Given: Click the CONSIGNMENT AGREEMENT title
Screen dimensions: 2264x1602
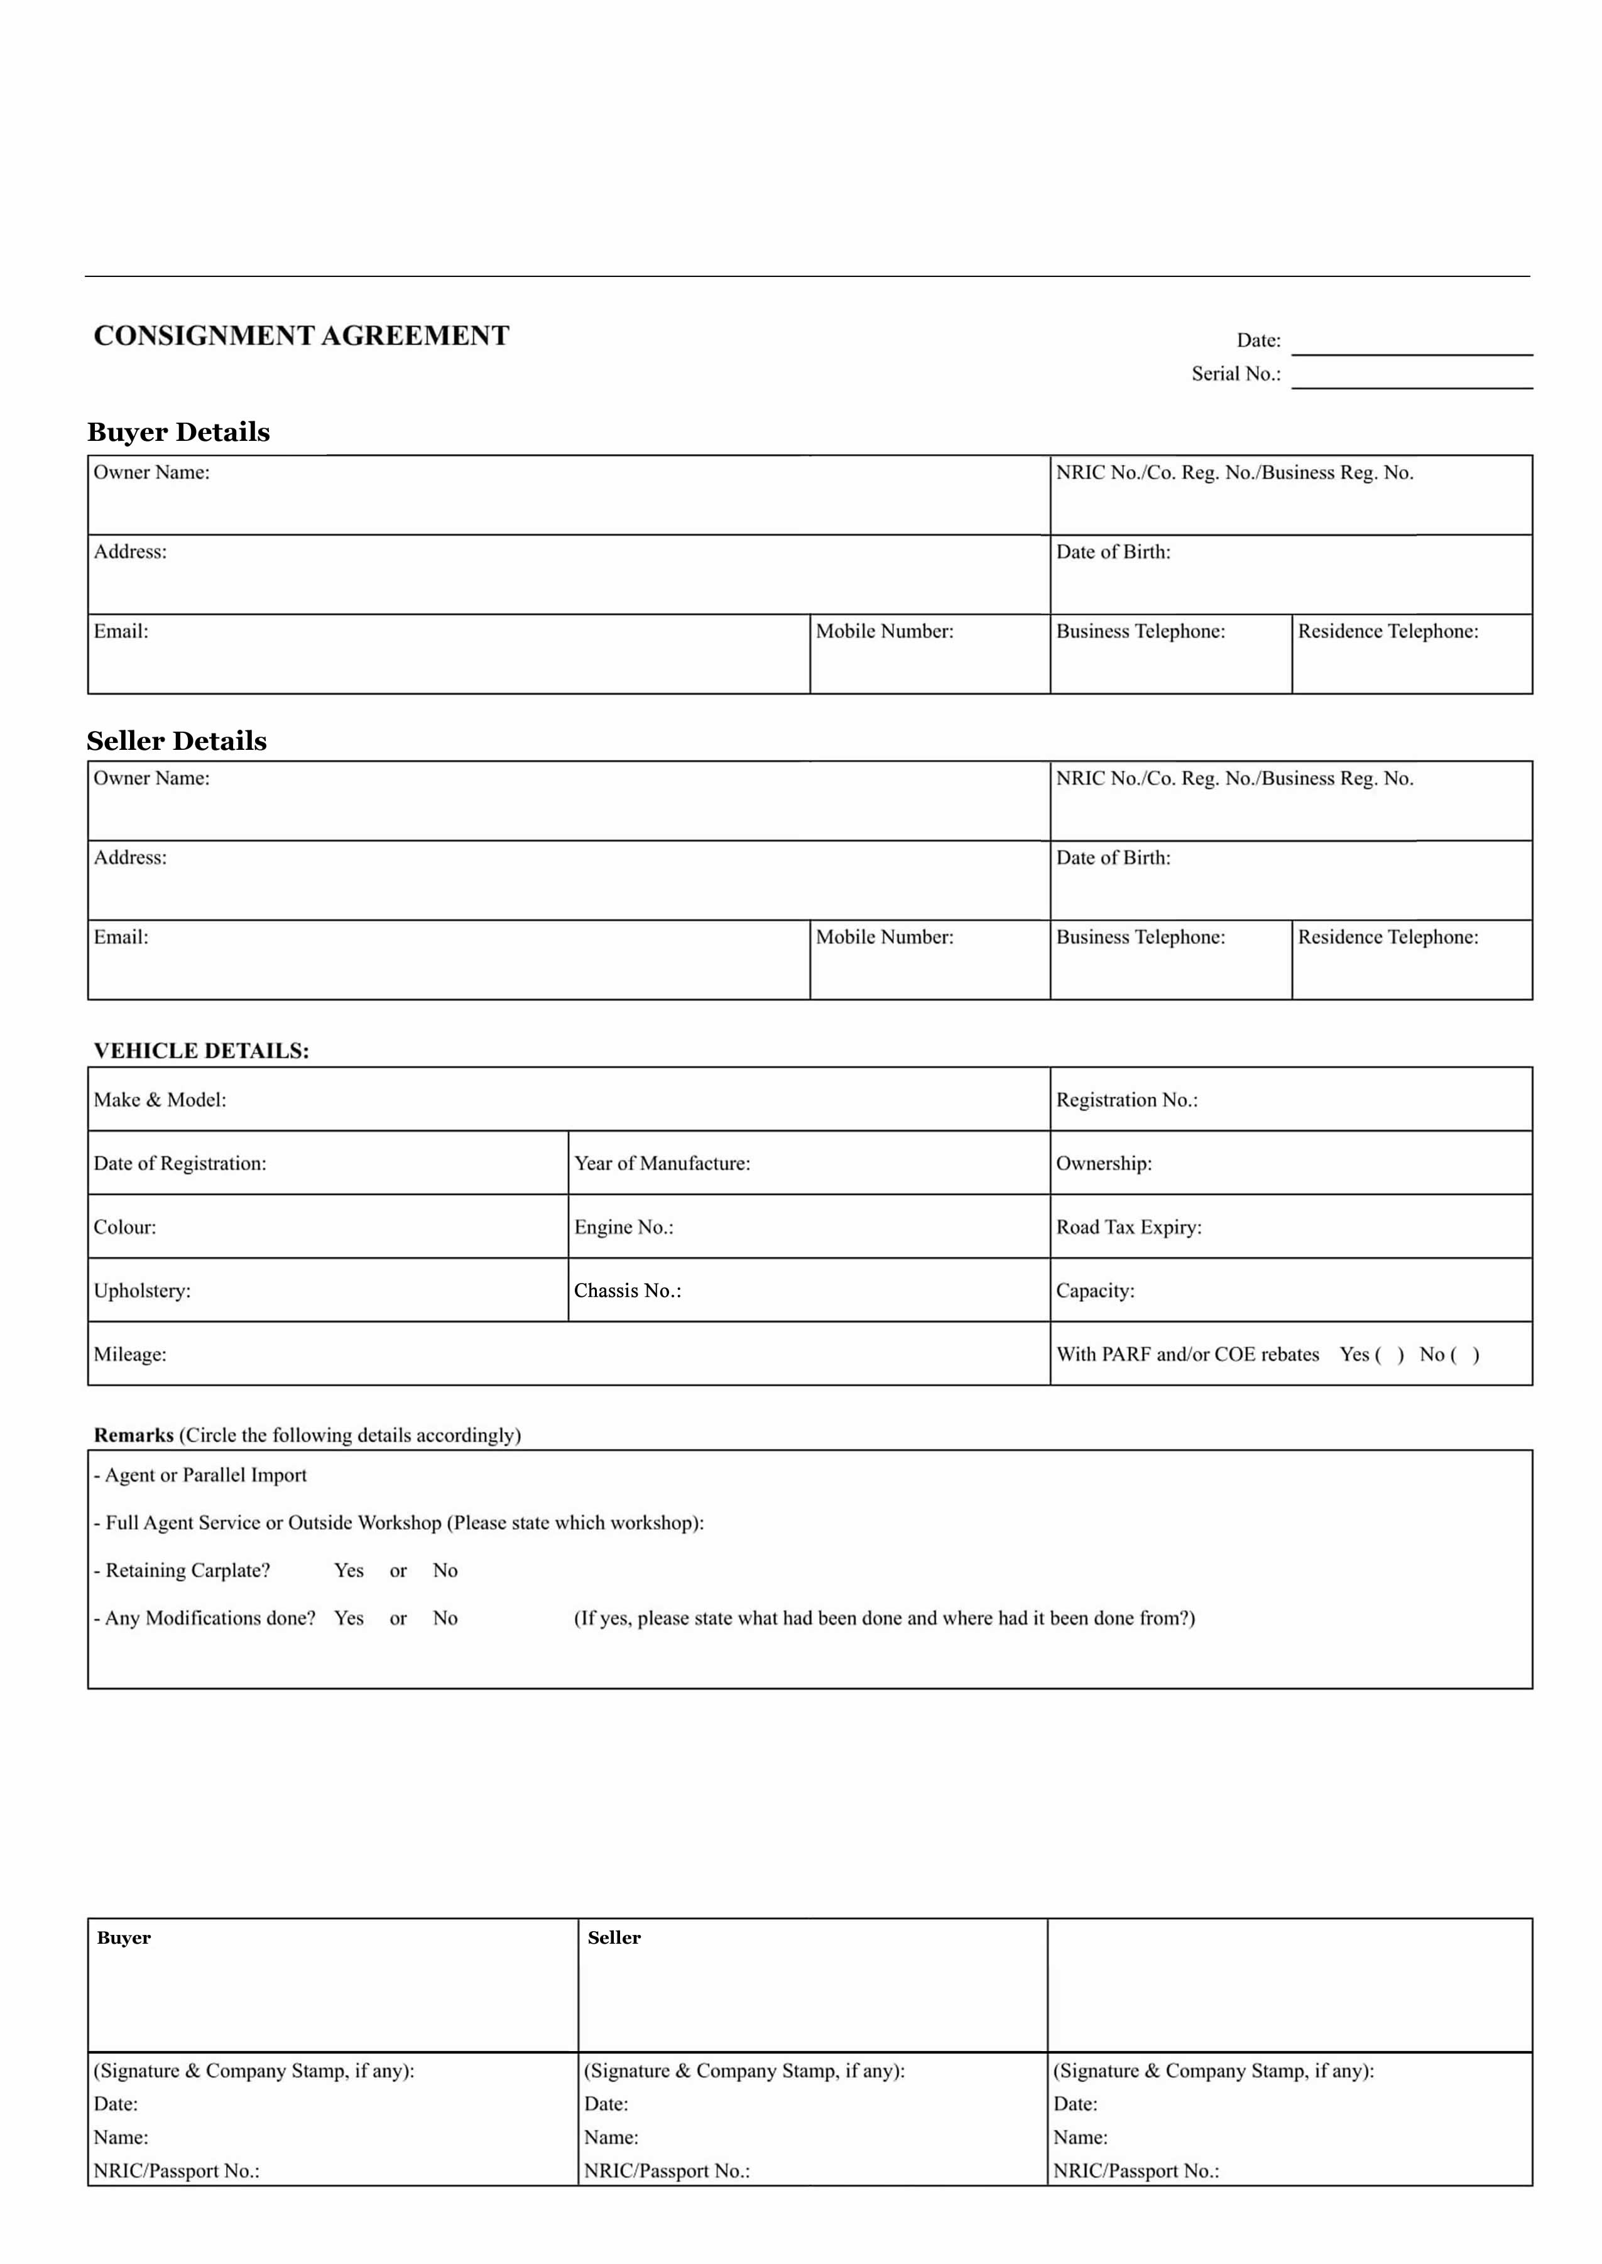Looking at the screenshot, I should point(301,336).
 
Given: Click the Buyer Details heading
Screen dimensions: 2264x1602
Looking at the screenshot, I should point(178,432).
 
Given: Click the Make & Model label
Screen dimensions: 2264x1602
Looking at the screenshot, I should point(160,1100).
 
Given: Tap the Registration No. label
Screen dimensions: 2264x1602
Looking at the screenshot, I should point(1126,1100).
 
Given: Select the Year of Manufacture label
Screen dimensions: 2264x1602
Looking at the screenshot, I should point(662,1164).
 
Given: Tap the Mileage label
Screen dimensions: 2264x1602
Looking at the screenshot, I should point(130,1355).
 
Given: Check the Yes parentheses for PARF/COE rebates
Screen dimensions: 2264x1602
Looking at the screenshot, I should point(1389,1355).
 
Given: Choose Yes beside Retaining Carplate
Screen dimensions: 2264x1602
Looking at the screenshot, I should point(349,1570).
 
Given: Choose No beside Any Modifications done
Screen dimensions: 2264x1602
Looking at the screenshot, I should point(445,1618).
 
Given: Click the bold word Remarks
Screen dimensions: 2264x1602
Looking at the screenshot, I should point(133,1435).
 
